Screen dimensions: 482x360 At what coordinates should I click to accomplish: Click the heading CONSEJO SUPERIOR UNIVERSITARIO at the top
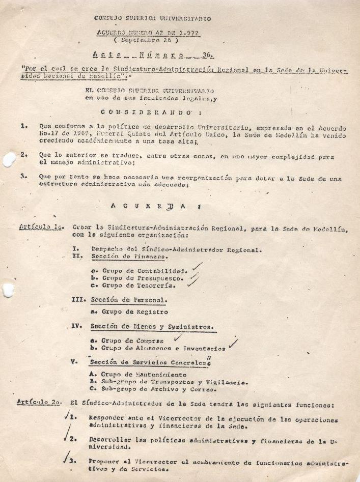(x=153, y=19)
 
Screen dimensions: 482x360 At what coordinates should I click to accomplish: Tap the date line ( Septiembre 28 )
(x=147, y=39)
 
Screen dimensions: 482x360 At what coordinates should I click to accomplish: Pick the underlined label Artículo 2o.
(x=40, y=402)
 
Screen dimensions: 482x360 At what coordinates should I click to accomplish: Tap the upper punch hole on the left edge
(x=9, y=159)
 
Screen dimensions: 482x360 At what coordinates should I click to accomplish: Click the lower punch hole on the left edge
(x=8, y=290)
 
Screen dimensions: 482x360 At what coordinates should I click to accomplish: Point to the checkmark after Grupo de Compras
(x=178, y=336)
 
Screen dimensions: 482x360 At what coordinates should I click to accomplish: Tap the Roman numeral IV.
(x=76, y=326)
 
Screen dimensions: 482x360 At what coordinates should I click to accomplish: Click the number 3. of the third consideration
(x=24, y=177)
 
